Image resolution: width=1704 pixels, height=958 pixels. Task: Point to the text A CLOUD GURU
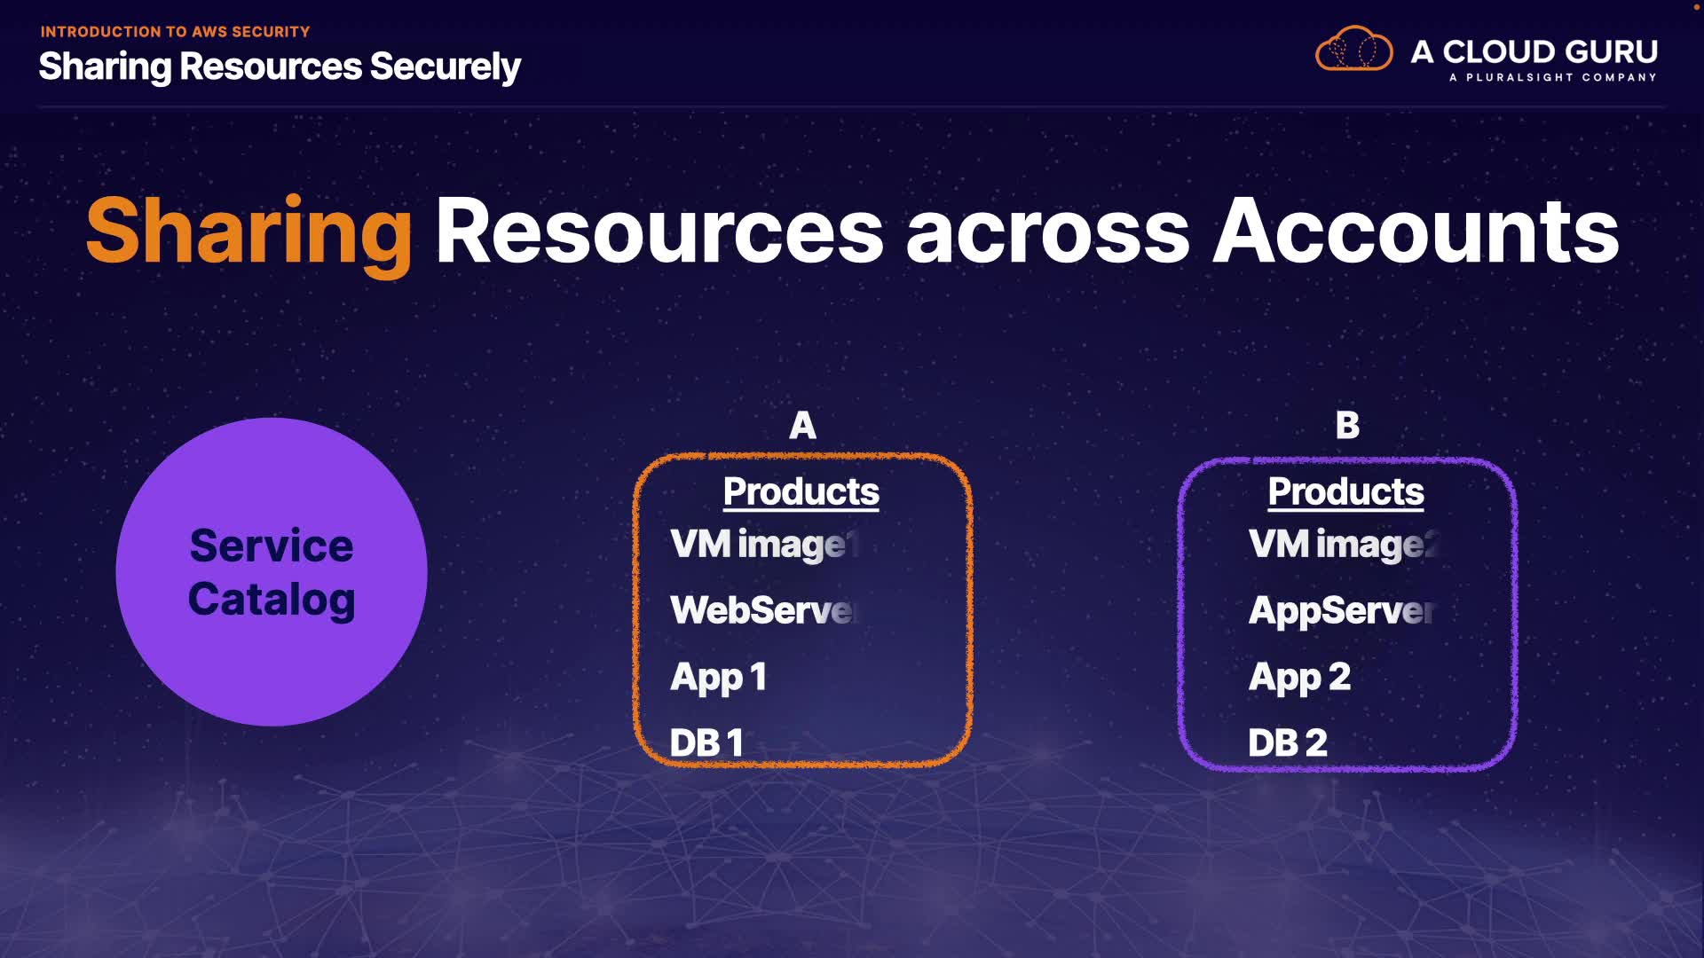click(x=1534, y=51)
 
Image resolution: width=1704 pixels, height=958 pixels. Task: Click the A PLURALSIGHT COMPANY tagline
click(x=1552, y=78)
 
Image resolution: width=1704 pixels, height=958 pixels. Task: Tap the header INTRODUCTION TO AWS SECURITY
click(x=175, y=32)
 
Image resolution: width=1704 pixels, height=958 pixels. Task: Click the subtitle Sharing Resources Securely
click(x=280, y=67)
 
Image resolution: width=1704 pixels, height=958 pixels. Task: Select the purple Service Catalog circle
click(x=272, y=571)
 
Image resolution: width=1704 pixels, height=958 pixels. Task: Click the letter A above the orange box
click(x=802, y=426)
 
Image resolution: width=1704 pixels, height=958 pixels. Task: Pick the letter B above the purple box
click(x=1347, y=426)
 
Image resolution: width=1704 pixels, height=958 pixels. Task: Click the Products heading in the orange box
click(x=801, y=491)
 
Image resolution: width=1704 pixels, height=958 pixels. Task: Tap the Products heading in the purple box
click(x=1345, y=491)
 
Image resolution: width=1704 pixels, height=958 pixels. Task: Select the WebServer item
click(x=763, y=610)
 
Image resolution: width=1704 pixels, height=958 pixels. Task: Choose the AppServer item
click(x=1341, y=610)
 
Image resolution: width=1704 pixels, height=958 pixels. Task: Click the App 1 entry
click(x=718, y=678)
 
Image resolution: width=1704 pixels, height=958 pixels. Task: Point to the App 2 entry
click(x=1299, y=678)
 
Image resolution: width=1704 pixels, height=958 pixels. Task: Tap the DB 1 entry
click(x=706, y=743)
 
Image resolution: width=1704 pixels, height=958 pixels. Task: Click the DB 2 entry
click(x=1288, y=743)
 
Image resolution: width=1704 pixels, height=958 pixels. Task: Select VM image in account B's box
click(x=1342, y=545)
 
